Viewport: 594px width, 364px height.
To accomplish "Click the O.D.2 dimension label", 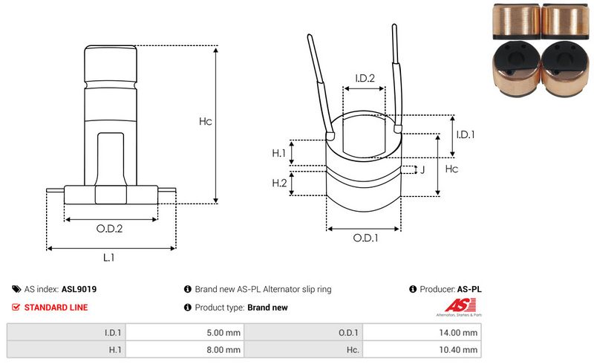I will click(x=109, y=229).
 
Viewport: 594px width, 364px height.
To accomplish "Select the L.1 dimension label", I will click(x=109, y=257).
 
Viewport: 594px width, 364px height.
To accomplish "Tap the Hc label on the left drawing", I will click(x=206, y=121).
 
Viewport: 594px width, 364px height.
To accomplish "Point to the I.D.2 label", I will click(x=365, y=78).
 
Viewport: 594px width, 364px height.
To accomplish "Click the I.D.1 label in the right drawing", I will click(x=465, y=134).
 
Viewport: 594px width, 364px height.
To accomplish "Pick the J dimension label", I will click(x=422, y=170).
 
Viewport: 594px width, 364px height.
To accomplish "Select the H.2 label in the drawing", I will click(x=279, y=183).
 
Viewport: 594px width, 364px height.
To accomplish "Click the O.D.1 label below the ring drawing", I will click(x=365, y=238).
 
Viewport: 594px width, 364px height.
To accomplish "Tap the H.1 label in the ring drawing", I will click(x=279, y=152).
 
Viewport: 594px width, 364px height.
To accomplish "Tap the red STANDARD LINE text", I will click(x=56, y=307).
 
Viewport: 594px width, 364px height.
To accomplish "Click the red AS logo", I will click(x=454, y=305).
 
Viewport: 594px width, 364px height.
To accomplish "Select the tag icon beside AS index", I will click(x=16, y=289).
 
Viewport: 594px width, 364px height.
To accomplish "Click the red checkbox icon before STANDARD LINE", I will click(x=16, y=307).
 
